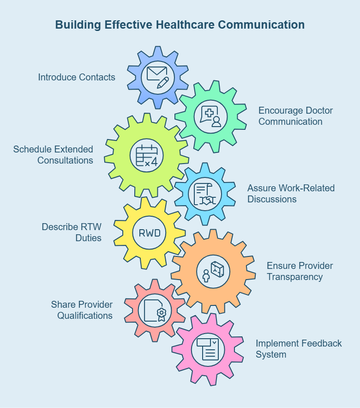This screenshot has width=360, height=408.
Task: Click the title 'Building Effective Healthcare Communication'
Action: [x=180, y=24]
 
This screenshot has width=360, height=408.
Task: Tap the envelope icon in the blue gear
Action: [x=157, y=77]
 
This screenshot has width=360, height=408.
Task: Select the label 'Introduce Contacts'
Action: [x=77, y=77]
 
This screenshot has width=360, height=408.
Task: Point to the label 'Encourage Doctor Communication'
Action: [x=295, y=116]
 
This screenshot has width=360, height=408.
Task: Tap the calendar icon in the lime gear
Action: [x=147, y=155]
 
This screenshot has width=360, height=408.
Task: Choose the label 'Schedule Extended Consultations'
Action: [x=53, y=155]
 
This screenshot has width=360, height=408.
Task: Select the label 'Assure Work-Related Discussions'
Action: [x=291, y=194]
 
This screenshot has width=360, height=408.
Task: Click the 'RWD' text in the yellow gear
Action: [x=150, y=232]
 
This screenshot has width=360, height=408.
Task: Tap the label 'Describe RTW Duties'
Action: [x=72, y=232]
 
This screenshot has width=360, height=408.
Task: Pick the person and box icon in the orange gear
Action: [x=213, y=271]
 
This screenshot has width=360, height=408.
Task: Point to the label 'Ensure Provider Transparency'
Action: [x=300, y=271]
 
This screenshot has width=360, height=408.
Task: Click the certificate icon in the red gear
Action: [x=155, y=310]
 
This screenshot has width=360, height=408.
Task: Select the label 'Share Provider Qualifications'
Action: [x=82, y=310]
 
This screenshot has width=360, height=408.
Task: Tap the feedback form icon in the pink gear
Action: [x=207, y=349]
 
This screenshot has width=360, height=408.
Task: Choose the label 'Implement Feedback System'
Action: [x=299, y=349]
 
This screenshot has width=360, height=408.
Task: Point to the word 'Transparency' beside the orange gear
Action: [x=294, y=277]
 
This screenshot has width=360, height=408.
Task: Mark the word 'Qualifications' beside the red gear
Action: [x=85, y=316]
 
